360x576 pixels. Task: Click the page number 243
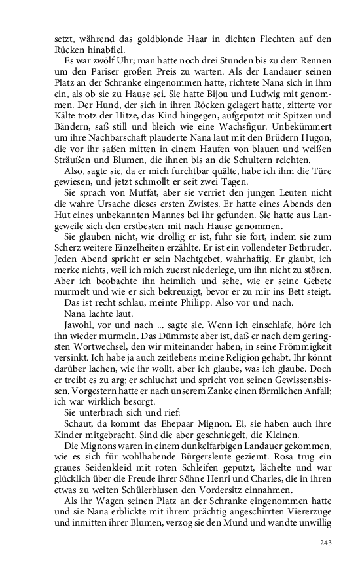327,543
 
